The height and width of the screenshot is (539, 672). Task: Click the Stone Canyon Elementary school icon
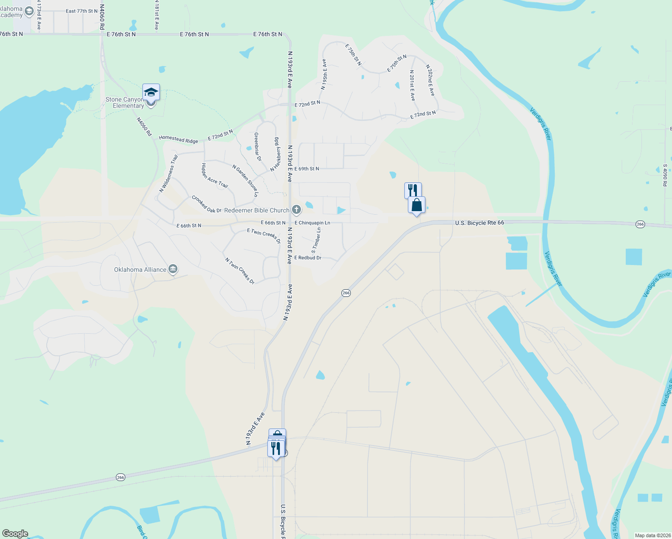tap(151, 92)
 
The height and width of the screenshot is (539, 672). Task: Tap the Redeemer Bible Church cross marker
tap(296, 210)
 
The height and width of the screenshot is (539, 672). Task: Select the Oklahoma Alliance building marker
tap(172, 269)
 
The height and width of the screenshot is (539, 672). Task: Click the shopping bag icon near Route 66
tap(416, 205)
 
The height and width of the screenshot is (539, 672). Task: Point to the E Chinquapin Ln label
tap(312, 223)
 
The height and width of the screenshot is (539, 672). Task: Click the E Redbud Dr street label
tap(308, 258)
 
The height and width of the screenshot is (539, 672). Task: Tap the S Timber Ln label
tap(316, 240)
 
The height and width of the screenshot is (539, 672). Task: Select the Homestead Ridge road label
tap(178, 139)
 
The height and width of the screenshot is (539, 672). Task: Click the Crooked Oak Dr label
tap(206, 204)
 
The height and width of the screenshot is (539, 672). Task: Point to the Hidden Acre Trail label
tap(214, 176)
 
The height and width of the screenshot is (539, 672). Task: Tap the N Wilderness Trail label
tap(169, 173)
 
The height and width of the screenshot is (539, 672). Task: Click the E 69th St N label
tap(306, 169)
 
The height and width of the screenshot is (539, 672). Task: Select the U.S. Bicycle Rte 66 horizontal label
tap(479, 223)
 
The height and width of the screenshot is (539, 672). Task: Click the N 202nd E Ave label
tap(430, 80)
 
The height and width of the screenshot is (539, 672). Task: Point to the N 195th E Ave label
tap(324, 75)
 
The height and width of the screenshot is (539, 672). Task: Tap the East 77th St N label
tap(81, 11)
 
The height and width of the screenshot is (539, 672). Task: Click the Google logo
tap(15, 534)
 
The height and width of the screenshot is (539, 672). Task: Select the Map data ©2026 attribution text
tap(652, 535)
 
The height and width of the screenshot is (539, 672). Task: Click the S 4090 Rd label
tap(665, 175)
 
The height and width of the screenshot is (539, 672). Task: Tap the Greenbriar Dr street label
tap(257, 146)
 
